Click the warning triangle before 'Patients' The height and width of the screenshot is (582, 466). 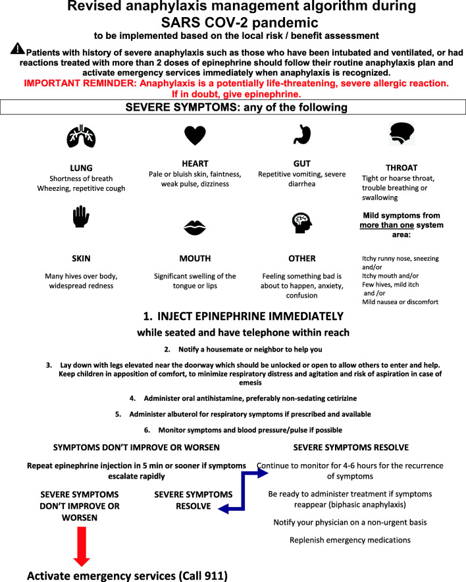(17, 49)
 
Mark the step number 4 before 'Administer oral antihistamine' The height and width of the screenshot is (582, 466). (132, 398)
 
